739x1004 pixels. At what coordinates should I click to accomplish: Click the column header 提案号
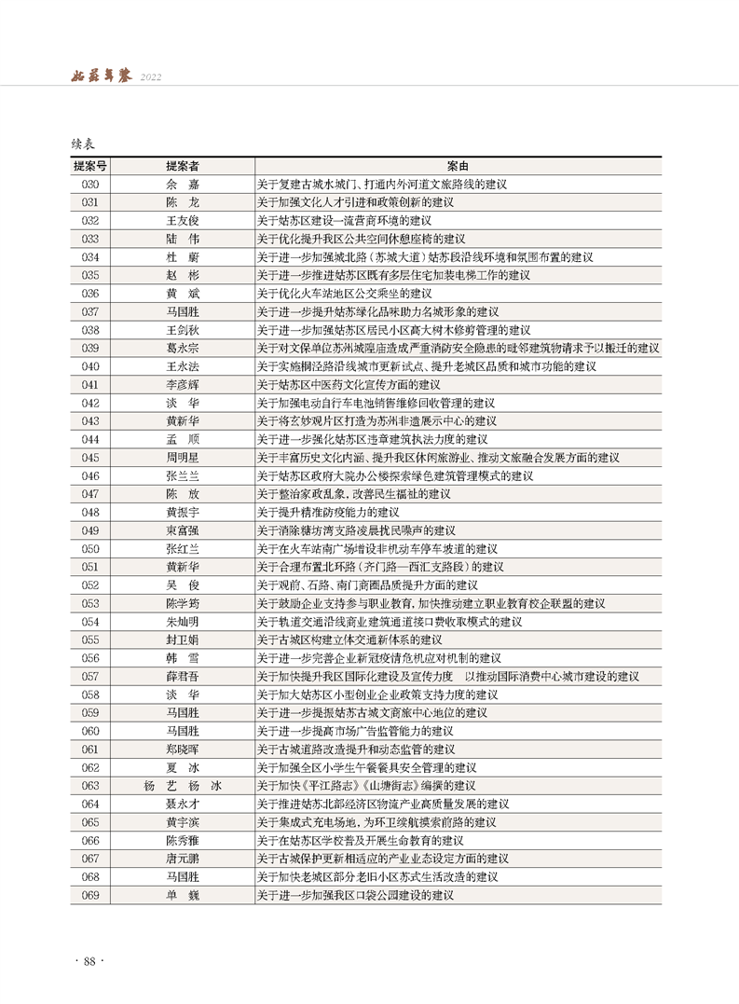coord(90,166)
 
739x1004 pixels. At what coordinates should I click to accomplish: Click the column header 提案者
coord(182,166)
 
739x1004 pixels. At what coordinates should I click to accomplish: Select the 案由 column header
coord(458,166)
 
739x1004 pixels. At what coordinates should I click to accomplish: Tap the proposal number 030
coord(90,185)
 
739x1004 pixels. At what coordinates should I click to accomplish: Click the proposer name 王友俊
coord(182,221)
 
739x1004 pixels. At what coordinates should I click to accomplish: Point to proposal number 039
coord(90,348)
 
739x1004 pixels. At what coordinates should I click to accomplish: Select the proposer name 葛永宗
coord(182,348)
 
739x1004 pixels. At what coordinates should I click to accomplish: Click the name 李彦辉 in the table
coord(182,384)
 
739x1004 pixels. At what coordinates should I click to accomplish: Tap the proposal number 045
coord(90,458)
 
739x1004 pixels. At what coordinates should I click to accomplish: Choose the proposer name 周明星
coord(182,458)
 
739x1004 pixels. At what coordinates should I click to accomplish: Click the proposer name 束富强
coord(182,530)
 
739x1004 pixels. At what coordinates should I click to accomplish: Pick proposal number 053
coord(90,603)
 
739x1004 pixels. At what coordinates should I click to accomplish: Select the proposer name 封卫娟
coord(182,640)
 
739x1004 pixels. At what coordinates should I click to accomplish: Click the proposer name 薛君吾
coord(182,676)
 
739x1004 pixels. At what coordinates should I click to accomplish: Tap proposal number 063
coord(90,786)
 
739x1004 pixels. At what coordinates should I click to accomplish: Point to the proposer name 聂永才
coord(182,804)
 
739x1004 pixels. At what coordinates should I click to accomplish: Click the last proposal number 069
coord(90,895)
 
